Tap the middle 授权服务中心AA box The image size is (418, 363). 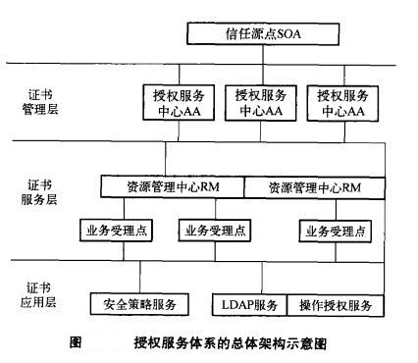point(262,103)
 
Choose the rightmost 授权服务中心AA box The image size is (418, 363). point(343,103)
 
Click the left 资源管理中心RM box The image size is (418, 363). point(172,185)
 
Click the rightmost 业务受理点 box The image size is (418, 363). point(336,232)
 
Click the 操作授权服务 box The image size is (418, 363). point(336,304)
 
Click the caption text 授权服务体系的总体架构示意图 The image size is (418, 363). point(230,343)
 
